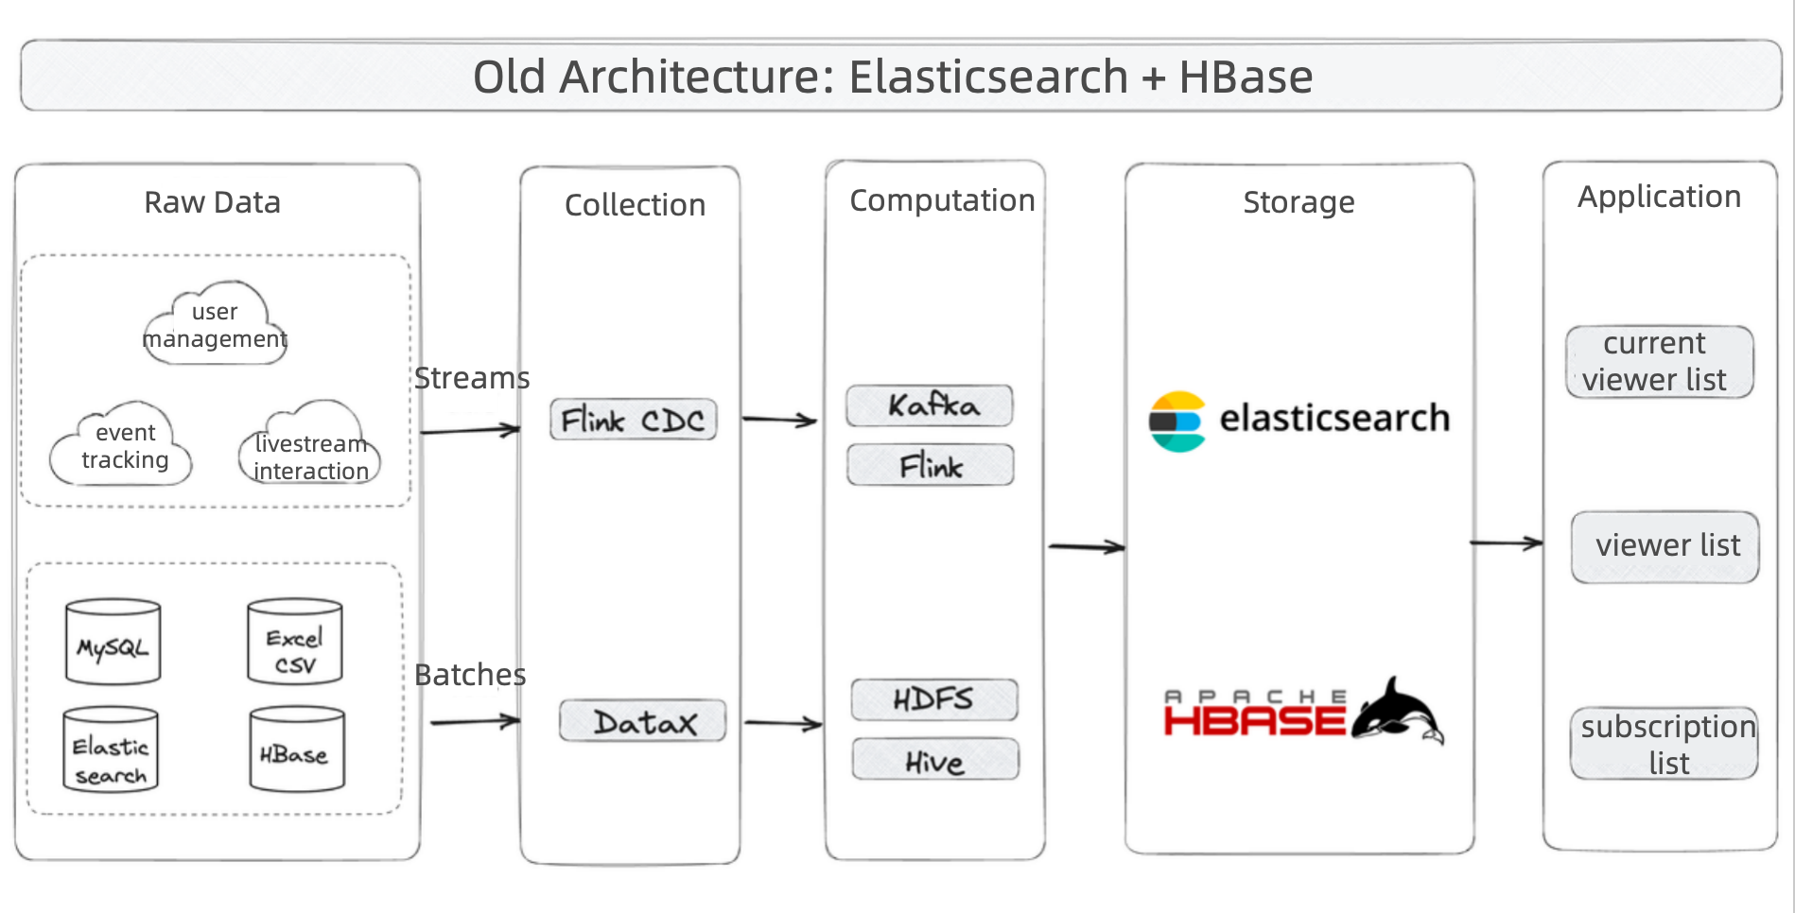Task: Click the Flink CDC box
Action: [633, 420]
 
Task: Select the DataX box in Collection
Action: [643, 721]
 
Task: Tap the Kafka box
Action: [930, 405]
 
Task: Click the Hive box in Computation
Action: [935, 760]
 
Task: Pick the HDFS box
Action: [934, 699]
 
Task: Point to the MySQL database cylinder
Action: [113, 642]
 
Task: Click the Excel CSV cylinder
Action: [294, 642]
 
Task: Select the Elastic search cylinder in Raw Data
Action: [111, 750]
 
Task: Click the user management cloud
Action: [215, 324]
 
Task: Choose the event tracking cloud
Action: [123, 445]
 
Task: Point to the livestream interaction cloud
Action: [310, 445]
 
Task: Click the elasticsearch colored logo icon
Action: [1176, 422]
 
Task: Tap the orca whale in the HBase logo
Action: [1397, 712]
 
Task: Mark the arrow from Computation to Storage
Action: [1086, 546]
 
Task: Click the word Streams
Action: [471, 378]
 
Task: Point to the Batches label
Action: [469, 675]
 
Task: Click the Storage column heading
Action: [1298, 202]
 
